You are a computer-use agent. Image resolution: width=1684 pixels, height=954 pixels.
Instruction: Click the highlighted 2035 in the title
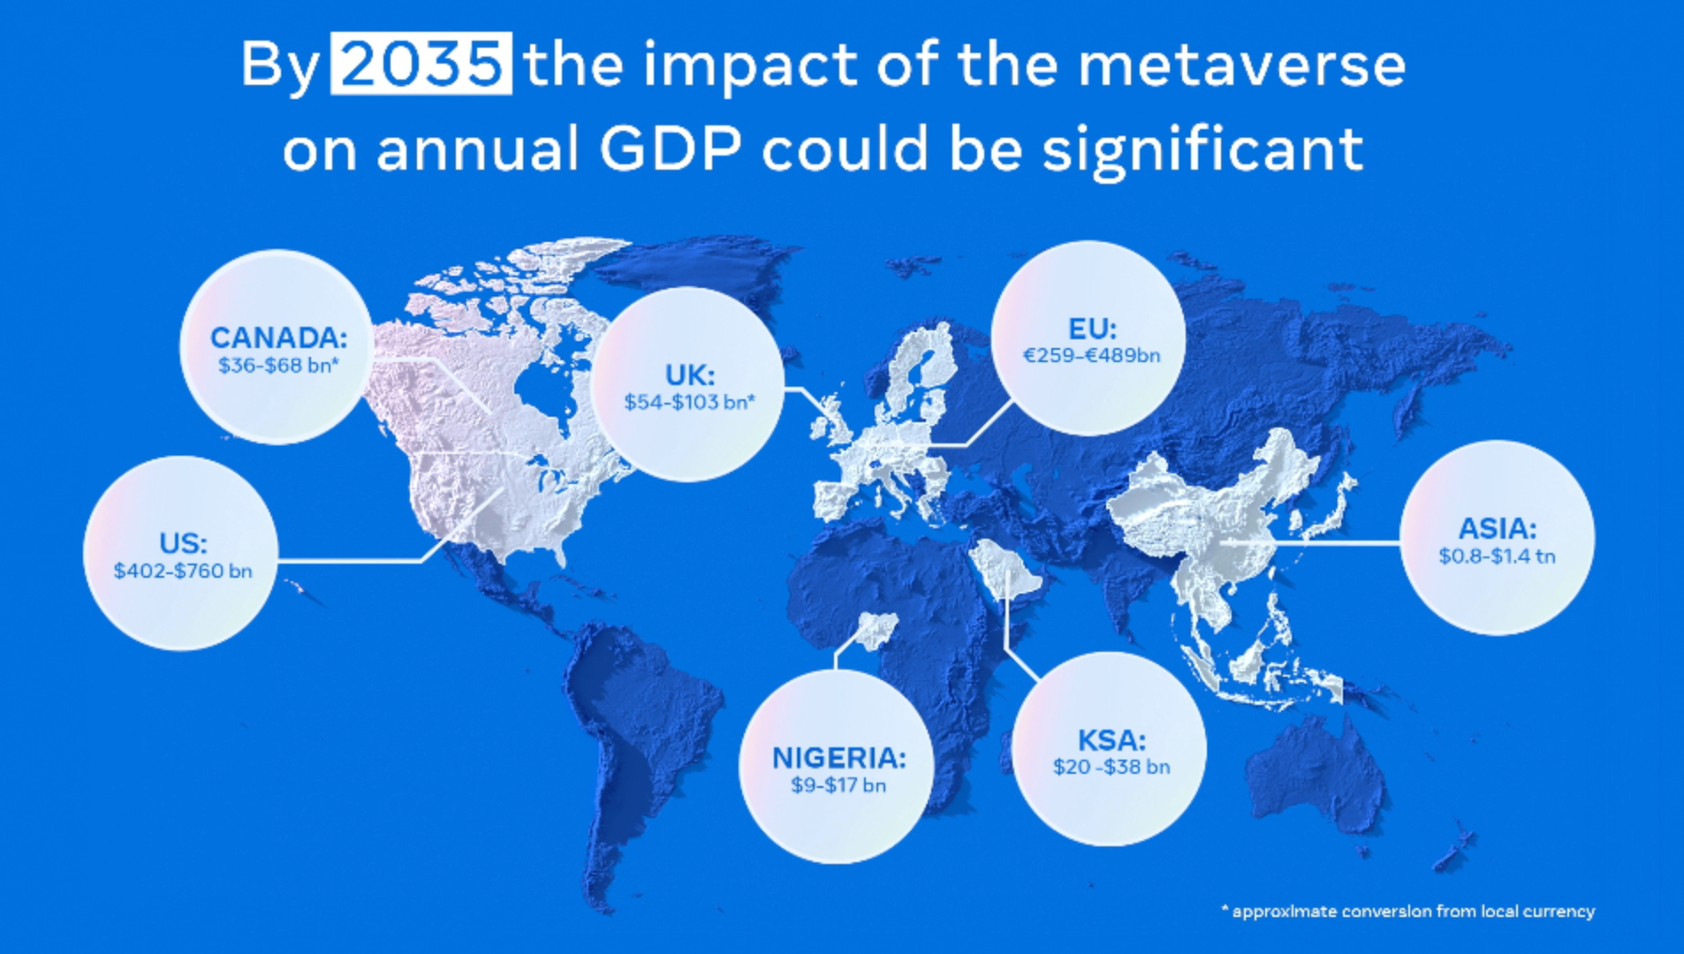tap(421, 64)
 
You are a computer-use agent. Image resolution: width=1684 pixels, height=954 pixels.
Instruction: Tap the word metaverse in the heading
tap(1240, 65)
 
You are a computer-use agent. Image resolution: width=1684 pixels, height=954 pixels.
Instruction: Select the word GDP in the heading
tap(670, 148)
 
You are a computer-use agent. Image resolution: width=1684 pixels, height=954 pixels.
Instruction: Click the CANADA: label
tap(278, 337)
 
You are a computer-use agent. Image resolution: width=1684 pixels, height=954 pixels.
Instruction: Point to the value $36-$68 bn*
tap(278, 365)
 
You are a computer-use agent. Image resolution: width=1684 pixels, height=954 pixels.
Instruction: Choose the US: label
tap(183, 542)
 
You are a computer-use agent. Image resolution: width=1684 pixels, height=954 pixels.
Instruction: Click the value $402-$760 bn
tap(183, 571)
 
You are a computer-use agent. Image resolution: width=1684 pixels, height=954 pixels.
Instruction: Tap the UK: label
tap(689, 375)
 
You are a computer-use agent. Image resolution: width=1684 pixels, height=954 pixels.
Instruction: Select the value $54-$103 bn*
tap(689, 402)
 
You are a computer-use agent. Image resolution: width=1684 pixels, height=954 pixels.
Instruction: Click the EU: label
tap(1092, 329)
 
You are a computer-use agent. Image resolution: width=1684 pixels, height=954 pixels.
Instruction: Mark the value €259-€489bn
tap(1091, 355)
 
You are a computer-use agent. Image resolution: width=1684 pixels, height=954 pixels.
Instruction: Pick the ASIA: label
tap(1497, 528)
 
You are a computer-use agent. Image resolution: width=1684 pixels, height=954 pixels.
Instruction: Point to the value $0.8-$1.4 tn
tap(1497, 556)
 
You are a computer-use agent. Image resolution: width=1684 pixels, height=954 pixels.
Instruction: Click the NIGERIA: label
tap(838, 757)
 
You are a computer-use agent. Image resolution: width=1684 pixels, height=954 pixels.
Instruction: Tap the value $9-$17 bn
tap(838, 784)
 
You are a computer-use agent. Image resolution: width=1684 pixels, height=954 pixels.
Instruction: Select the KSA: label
tap(1111, 739)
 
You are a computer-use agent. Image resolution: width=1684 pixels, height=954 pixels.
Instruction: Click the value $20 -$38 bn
tap(1111, 767)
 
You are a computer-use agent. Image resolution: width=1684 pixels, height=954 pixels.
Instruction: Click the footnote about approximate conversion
tap(1408, 911)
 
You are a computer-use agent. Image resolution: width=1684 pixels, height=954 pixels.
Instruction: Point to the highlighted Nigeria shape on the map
tap(877, 630)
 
